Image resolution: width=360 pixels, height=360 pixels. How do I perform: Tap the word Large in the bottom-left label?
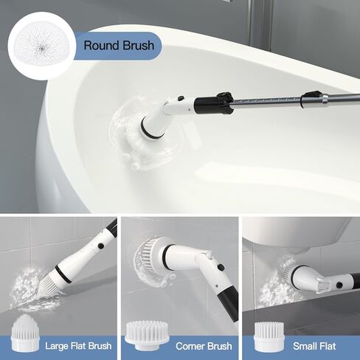58,345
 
